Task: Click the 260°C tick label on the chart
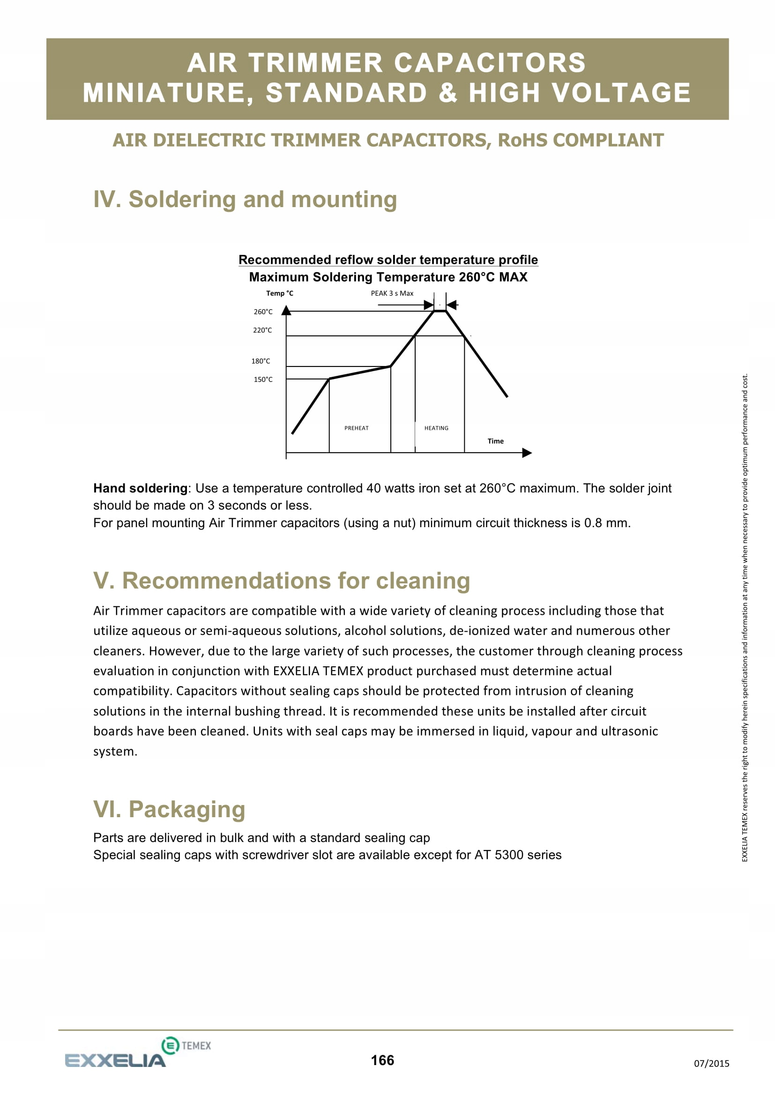(x=263, y=312)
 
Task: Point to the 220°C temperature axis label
(x=262, y=330)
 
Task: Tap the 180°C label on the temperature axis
(x=261, y=361)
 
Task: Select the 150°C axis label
(x=263, y=380)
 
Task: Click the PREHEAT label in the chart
(x=357, y=428)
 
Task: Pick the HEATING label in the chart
(x=436, y=428)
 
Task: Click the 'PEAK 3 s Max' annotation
(x=392, y=293)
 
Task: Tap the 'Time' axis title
(x=495, y=441)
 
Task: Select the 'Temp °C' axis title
(x=280, y=293)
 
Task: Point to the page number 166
(x=382, y=1060)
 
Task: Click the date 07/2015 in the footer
(x=711, y=1063)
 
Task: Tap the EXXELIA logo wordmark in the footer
(x=115, y=1061)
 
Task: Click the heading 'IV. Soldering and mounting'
(x=245, y=199)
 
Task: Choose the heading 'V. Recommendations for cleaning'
(x=282, y=581)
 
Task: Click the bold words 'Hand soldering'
(x=140, y=488)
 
